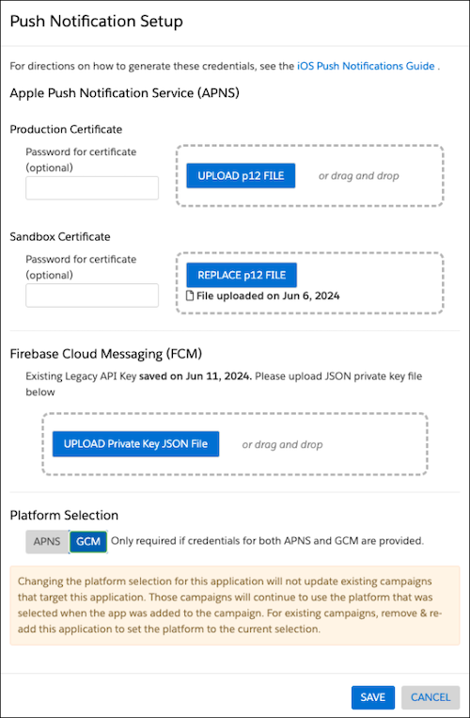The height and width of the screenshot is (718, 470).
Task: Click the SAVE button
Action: (x=372, y=697)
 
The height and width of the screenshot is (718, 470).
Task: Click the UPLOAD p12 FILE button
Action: (x=241, y=176)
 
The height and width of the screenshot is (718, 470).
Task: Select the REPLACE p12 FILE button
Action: (x=242, y=275)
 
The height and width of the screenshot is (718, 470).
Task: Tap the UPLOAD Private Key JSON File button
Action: (x=135, y=444)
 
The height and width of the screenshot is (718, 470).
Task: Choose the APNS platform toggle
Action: (x=47, y=541)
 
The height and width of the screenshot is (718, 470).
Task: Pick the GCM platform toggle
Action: (x=88, y=541)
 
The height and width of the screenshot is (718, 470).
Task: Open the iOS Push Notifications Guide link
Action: (x=366, y=66)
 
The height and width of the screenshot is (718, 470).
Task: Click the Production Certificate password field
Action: (x=92, y=188)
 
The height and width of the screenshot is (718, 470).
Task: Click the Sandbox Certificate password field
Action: (x=92, y=295)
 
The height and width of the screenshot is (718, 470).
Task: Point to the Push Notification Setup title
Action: (x=97, y=22)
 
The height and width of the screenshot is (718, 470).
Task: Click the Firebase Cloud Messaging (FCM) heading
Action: (x=106, y=354)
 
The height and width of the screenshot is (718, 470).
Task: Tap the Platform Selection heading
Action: (x=64, y=515)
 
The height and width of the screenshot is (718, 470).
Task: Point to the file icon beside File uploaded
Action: (x=190, y=295)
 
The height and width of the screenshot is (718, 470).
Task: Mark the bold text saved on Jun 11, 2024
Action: (x=196, y=376)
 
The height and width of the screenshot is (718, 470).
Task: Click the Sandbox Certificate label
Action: (x=60, y=237)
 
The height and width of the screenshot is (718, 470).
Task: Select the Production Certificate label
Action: (x=66, y=130)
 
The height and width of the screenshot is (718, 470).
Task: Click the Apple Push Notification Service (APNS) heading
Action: (x=125, y=93)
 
